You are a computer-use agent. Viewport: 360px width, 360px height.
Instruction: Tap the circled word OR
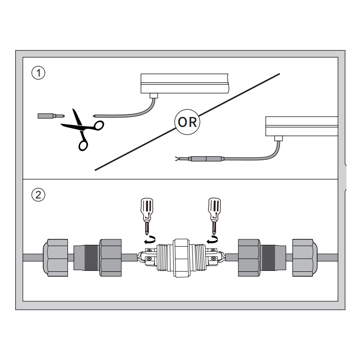pyautogui.click(x=187, y=121)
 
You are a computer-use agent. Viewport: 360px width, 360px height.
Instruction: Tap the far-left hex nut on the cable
pyautogui.click(x=55, y=258)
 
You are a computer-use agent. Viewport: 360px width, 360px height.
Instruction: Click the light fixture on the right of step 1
pyautogui.click(x=301, y=127)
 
